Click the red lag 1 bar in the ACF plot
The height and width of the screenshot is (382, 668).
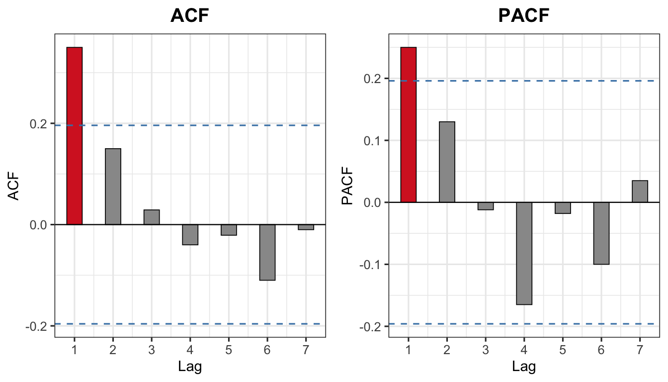point(75,136)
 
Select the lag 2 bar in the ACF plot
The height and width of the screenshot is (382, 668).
point(113,187)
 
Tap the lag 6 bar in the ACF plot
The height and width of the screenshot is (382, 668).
point(267,252)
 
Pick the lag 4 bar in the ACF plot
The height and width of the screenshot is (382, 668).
point(190,234)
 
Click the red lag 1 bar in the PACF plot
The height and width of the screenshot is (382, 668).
point(409,125)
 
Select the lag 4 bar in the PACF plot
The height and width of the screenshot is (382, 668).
point(524,253)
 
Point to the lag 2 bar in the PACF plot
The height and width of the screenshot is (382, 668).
point(447,162)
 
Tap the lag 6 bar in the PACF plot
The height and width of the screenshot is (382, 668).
point(601,233)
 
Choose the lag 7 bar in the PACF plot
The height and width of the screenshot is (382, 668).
point(640,191)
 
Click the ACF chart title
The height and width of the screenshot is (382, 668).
point(189,16)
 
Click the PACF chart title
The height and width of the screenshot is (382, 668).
point(524,16)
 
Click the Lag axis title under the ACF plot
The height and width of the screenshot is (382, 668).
point(190,367)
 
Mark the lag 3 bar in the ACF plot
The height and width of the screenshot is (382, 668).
point(152,217)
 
